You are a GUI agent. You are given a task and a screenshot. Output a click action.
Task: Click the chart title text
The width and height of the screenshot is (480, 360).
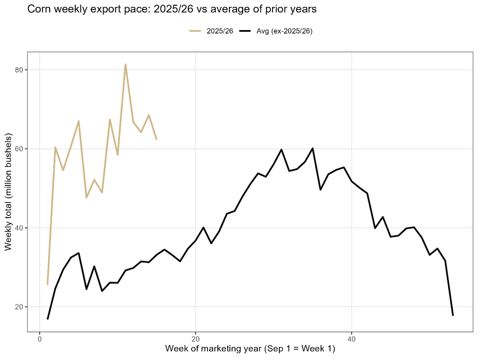click(172, 9)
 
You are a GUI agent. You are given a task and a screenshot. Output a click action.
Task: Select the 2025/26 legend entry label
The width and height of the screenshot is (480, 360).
click(220, 31)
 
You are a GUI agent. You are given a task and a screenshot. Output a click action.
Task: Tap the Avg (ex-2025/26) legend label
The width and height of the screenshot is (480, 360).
click(285, 31)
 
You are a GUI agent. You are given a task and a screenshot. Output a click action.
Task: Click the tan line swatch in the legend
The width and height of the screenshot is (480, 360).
click(195, 31)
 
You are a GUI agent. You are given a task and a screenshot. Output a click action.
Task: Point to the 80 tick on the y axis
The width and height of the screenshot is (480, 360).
click(19, 70)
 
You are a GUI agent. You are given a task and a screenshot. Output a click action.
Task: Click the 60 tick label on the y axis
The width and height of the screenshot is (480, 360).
click(19, 149)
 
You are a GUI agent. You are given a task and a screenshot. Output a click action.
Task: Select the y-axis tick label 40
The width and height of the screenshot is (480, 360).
click(19, 228)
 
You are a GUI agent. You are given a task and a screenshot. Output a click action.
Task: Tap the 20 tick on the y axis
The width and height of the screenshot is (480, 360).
click(19, 307)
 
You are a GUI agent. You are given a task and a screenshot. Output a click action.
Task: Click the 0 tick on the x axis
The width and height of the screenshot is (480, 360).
click(40, 338)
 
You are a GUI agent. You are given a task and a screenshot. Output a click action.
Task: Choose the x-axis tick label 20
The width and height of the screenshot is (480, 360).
click(195, 338)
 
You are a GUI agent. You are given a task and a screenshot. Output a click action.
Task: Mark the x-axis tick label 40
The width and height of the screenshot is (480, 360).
click(351, 338)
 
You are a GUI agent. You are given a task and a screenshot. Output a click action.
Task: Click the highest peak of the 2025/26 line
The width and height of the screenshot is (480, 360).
click(125, 65)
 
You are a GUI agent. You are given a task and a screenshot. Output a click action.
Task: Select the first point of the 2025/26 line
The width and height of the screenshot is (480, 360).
click(47, 284)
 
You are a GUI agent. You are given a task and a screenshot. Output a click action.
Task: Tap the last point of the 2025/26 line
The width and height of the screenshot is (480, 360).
click(156, 139)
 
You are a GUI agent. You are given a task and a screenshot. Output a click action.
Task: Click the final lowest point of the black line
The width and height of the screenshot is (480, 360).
click(453, 315)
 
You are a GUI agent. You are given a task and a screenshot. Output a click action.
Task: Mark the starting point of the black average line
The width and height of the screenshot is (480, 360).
click(47, 319)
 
